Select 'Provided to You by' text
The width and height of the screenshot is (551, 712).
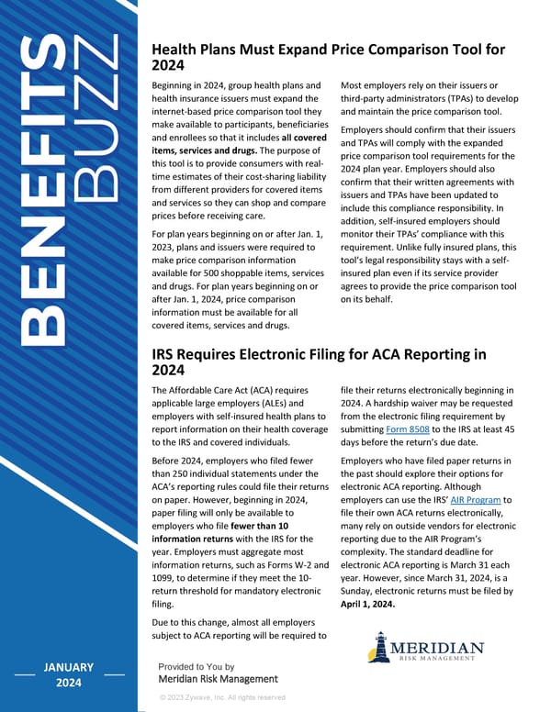(x=196, y=666)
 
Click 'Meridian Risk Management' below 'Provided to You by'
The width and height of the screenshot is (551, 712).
(x=218, y=679)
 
